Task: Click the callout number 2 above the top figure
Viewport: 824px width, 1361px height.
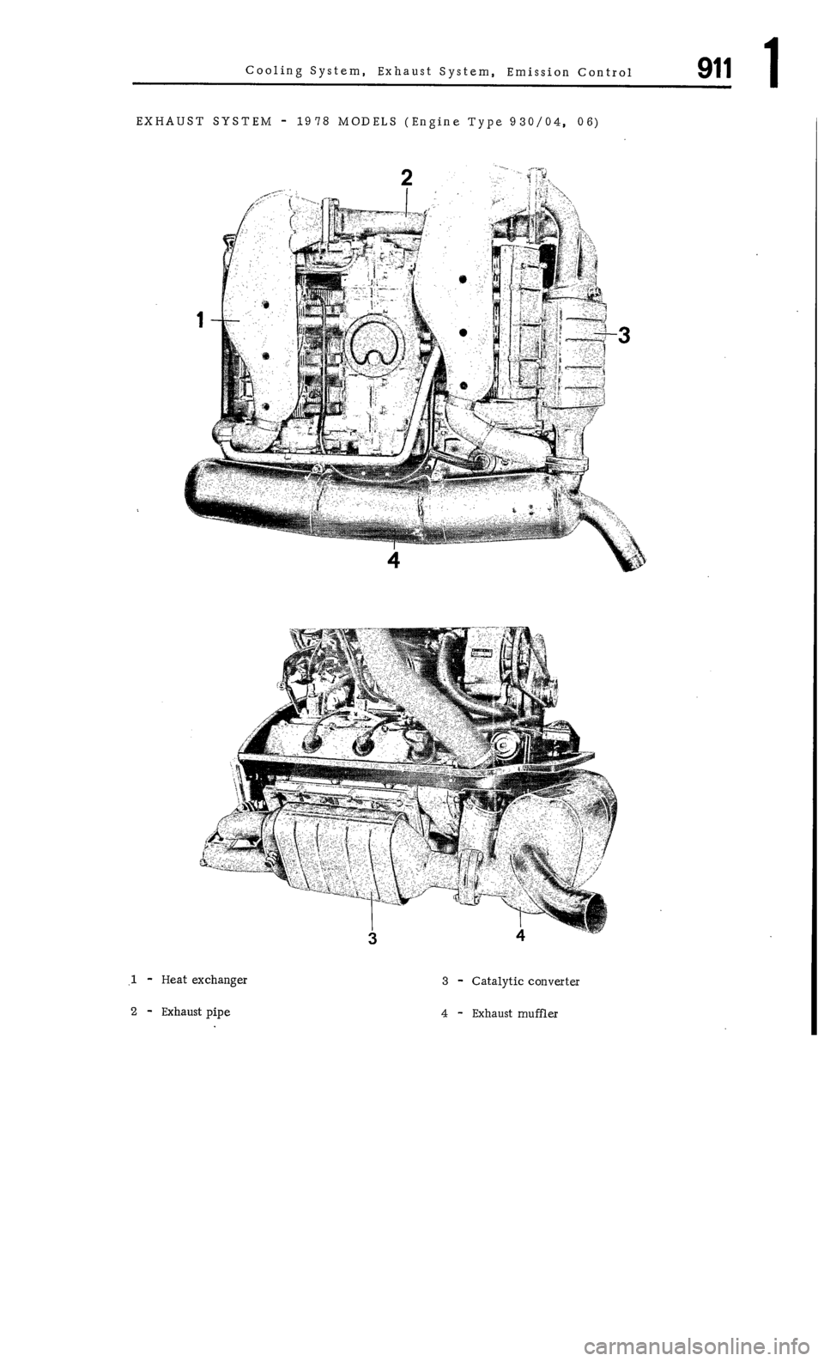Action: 406,177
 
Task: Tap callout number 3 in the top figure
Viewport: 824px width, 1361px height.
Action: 625,336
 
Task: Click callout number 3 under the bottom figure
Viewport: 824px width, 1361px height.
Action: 373,937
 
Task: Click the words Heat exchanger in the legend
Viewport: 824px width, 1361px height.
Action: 204,980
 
